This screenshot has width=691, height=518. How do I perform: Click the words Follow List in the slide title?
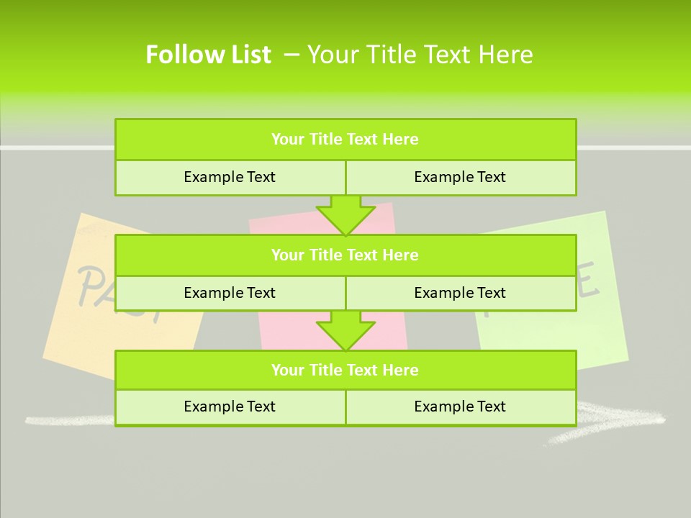click(208, 55)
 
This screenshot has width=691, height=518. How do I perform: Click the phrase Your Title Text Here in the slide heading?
click(420, 55)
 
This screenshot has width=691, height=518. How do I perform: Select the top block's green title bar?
click(345, 140)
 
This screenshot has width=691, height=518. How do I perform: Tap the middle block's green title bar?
click(345, 255)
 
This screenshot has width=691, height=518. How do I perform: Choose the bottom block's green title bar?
click(345, 370)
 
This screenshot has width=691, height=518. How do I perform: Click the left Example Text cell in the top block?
click(230, 177)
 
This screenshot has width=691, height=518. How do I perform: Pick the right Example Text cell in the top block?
click(460, 177)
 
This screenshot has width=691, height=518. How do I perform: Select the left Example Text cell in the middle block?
click(230, 293)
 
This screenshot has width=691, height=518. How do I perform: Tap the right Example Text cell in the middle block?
click(460, 293)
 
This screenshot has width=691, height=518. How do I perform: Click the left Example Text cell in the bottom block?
click(230, 406)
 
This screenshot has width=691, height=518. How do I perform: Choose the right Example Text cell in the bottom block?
click(460, 406)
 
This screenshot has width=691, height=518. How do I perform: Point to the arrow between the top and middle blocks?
click(345, 215)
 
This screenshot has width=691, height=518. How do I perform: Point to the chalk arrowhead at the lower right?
click(612, 421)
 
